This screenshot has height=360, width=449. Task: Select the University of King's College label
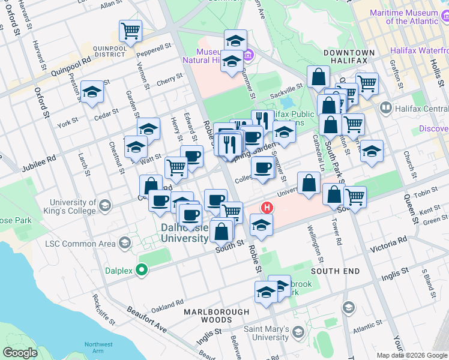pos(73,206)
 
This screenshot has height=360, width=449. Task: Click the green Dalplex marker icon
pos(142,271)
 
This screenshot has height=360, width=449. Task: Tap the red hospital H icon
pos(267,208)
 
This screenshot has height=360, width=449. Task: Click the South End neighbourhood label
pos(336,271)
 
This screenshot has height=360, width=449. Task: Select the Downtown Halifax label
pos(349,53)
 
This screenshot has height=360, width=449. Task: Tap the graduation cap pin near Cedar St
pos(92,92)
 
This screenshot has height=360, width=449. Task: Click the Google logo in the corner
pos(20,353)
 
